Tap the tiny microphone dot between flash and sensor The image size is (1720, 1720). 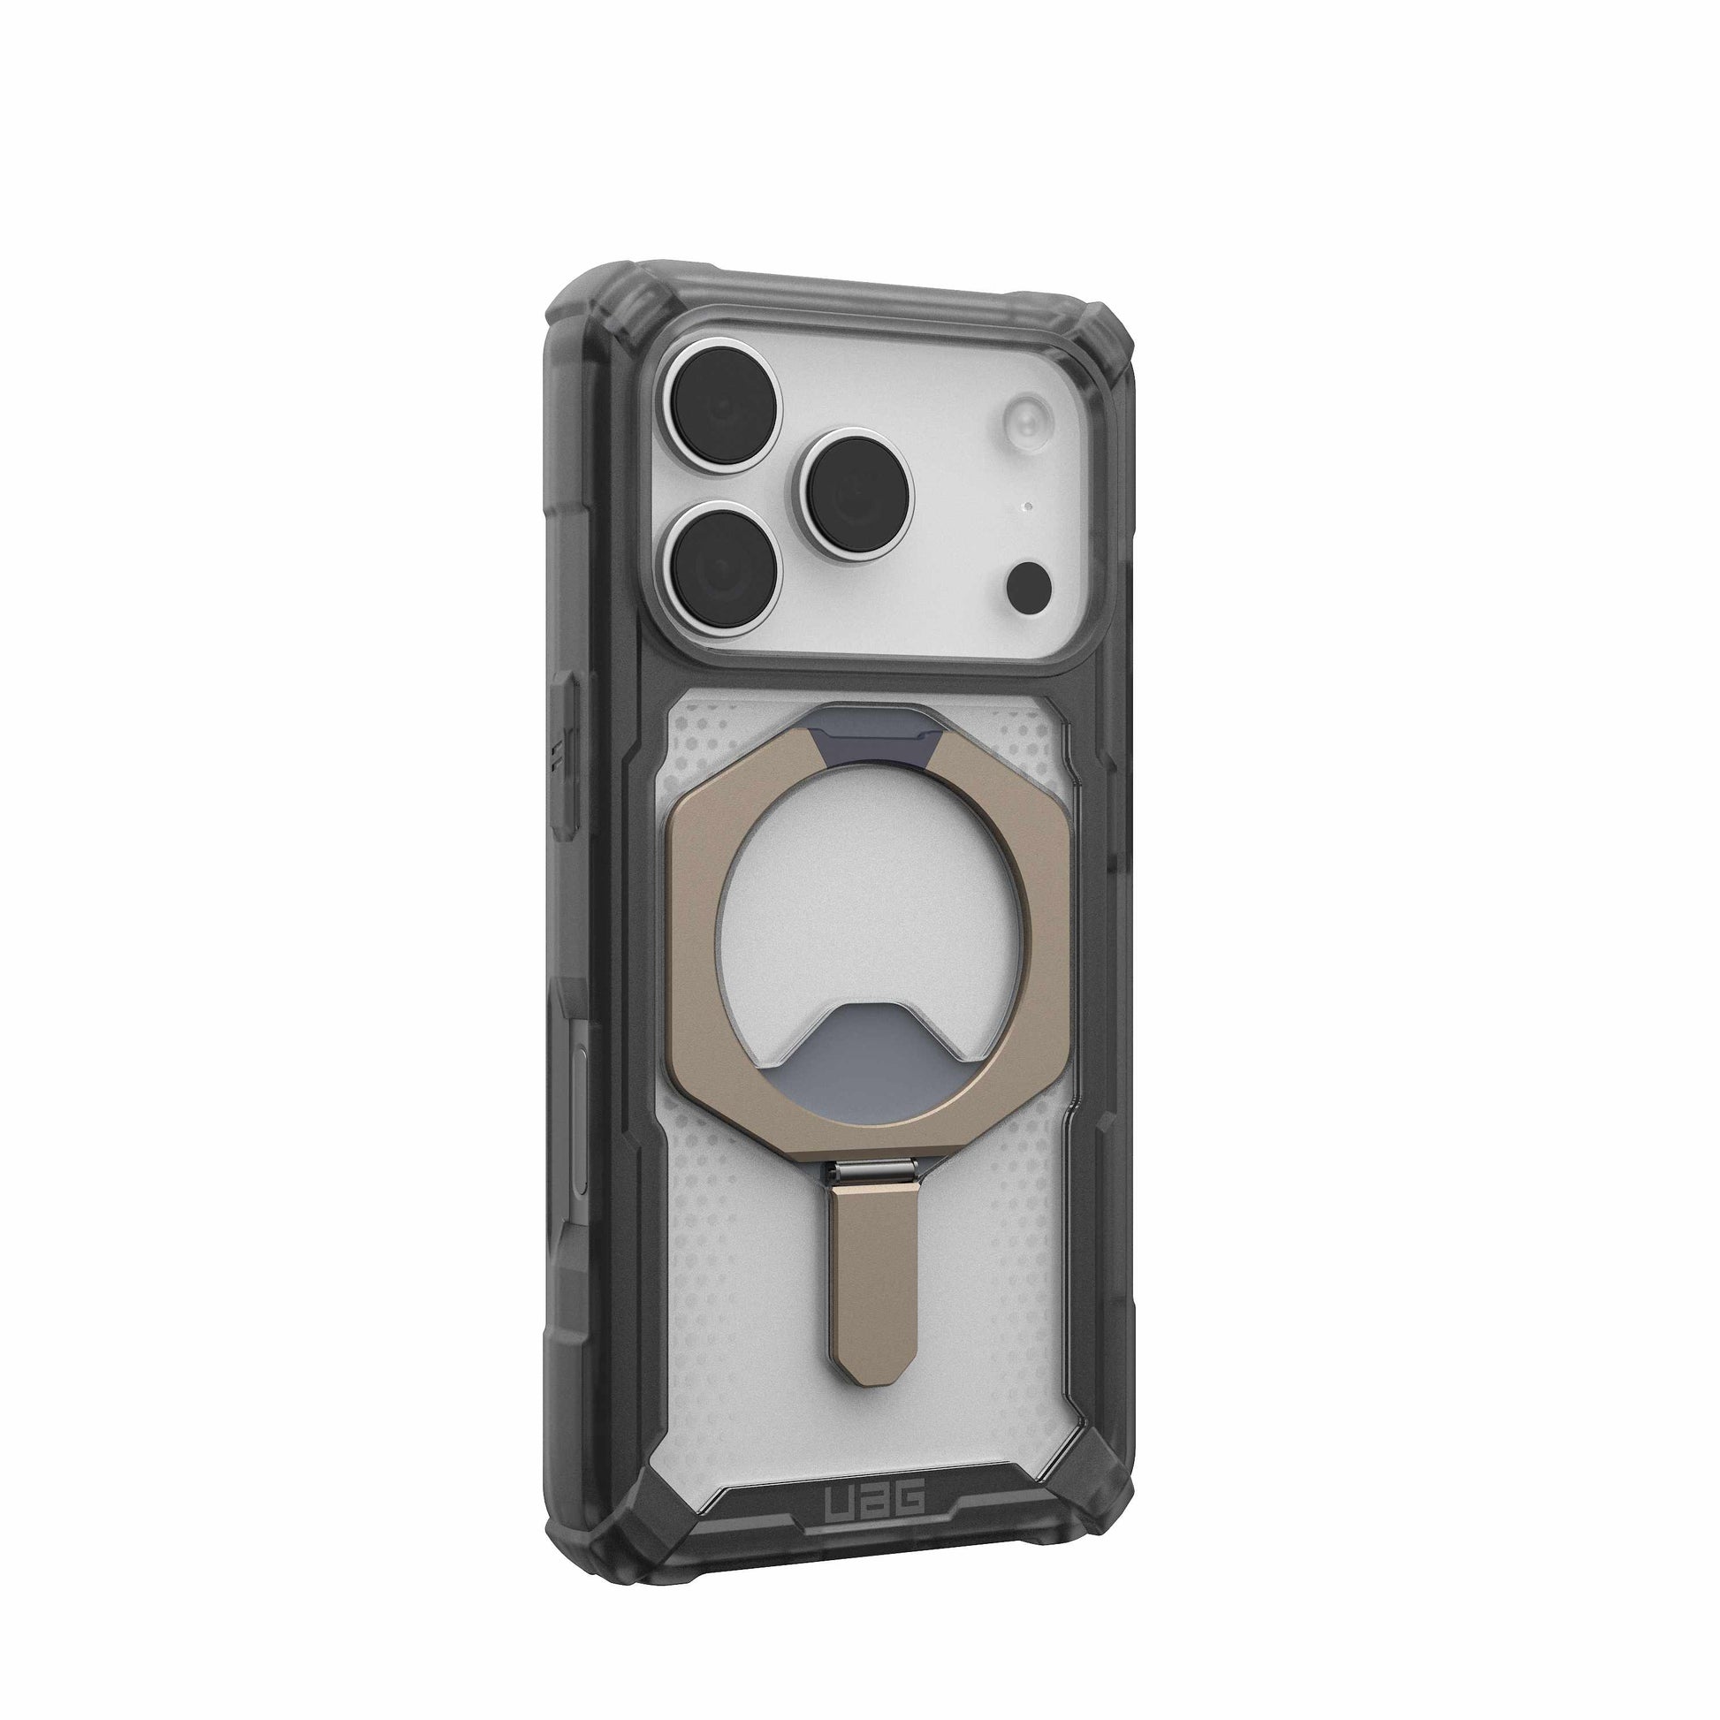coord(1027,507)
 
